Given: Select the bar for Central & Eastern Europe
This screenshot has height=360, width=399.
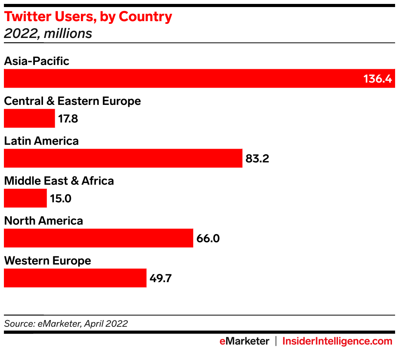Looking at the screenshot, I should click(x=29, y=118).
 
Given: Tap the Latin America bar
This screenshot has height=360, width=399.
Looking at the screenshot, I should click(x=123, y=158).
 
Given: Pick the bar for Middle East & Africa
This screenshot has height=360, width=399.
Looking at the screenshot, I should click(x=25, y=198).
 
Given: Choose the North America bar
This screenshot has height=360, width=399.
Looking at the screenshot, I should click(x=99, y=238).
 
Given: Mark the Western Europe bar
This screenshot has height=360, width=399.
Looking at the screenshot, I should click(x=75, y=278).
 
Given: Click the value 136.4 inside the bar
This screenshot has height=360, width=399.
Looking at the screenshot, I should click(x=377, y=79).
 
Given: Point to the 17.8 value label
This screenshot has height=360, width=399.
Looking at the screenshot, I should click(x=68, y=119).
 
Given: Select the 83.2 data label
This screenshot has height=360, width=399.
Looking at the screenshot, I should click(x=257, y=158).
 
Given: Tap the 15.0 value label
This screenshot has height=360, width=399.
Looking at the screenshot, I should click(x=61, y=198).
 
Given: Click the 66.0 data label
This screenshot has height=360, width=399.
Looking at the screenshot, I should click(x=208, y=238).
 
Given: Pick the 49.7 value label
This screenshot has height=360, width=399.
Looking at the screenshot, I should click(x=160, y=278).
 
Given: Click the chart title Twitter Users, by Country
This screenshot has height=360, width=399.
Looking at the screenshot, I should click(x=88, y=17).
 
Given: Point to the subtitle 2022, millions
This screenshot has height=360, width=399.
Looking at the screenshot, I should click(x=48, y=34).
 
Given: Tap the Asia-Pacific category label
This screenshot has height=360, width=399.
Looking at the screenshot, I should click(x=36, y=61).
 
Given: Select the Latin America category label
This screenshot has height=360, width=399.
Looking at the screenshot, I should click(x=41, y=141).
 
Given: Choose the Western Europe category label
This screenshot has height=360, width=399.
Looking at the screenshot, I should click(x=47, y=261).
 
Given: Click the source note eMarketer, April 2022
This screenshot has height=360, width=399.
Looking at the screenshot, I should click(x=66, y=324).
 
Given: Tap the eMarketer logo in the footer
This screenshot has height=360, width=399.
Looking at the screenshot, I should click(x=244, y=341).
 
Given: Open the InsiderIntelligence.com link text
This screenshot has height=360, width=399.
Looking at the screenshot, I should click(x=337, y=341).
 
